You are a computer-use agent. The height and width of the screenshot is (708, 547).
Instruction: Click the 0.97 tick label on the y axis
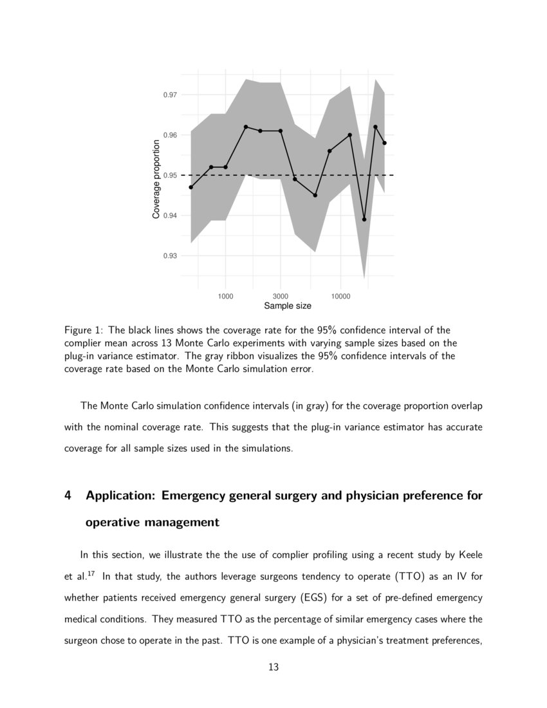pos(170,95)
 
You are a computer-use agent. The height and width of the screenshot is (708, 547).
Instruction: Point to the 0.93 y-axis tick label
pos(170,256)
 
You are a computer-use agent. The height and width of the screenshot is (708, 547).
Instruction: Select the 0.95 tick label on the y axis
pos(170,175)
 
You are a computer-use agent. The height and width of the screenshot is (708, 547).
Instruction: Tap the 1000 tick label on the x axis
pos(225,296)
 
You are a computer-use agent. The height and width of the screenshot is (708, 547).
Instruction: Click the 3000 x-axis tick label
pos(281,296)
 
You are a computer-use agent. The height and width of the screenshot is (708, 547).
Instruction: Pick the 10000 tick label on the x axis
pos(340,296)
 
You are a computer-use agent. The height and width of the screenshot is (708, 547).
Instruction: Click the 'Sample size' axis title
pos(288,306)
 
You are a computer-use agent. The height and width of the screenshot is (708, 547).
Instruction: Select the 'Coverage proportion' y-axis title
pos(156,178)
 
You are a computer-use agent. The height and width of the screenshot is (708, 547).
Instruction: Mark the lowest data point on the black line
pos(364,219)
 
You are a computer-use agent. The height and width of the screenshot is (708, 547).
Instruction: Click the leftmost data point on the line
pos(191,187)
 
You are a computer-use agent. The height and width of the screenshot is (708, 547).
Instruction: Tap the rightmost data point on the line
pos(385,143)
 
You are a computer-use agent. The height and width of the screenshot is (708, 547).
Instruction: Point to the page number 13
pos(273,667)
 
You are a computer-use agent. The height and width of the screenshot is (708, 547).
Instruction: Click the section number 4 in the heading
pos(68,496)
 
